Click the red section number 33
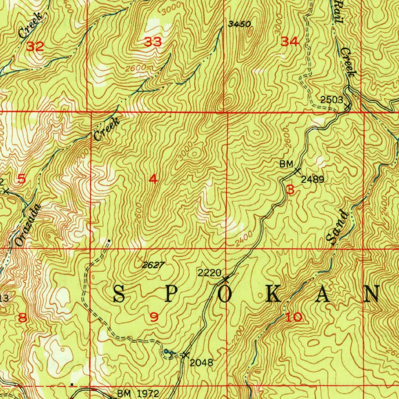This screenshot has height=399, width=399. (153, 42)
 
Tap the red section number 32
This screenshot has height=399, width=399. (35, 47)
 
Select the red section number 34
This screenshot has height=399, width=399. (290, 42)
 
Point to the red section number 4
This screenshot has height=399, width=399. (154, 179)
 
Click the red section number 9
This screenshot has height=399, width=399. (154, 318)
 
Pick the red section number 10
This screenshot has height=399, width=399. (293, 317)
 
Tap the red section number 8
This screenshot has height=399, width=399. (23, 318)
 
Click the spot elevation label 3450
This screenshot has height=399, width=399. (239, 25)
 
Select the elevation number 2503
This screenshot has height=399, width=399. (332, 100)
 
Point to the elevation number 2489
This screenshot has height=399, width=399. (312, 180)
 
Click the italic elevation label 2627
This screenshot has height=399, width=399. (153, 265)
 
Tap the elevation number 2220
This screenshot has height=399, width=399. (210, 273)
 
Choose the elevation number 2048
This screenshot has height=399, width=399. (201, 363)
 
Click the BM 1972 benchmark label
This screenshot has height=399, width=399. (138, 394)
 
